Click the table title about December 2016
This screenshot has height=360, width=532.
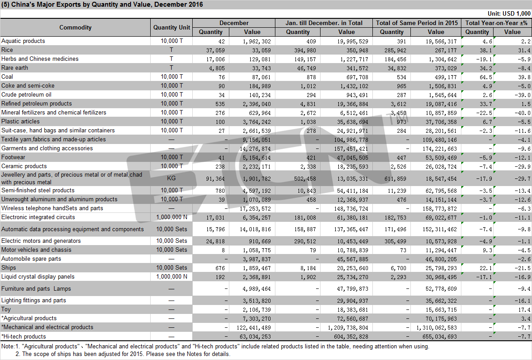click(102, 4)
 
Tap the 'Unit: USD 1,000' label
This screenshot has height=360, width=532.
click(509, 13)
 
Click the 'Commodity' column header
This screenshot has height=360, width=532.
click(75, 27)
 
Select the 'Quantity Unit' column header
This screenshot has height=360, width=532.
click(171, 27)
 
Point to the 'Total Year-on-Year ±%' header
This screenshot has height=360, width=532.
click(496, 23)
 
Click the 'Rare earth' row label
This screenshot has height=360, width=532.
click(15, 68)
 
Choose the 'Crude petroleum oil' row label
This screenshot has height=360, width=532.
click(26, 95)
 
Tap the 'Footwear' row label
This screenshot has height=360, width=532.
click(13, 157)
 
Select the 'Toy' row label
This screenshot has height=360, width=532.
click(6, 309)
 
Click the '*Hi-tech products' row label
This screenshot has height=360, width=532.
click(23, 337)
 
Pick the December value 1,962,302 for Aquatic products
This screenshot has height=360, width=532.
click(257, 42)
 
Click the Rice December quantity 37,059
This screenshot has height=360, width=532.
click(215, 51)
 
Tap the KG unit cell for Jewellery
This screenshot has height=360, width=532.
click(171, 178)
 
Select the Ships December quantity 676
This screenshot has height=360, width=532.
click(220, 268)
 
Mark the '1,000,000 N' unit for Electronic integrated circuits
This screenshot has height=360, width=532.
click(171, 217)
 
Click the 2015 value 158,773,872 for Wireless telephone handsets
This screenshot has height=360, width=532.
click(439, 209)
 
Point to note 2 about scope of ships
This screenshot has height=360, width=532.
click(123, 354)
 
